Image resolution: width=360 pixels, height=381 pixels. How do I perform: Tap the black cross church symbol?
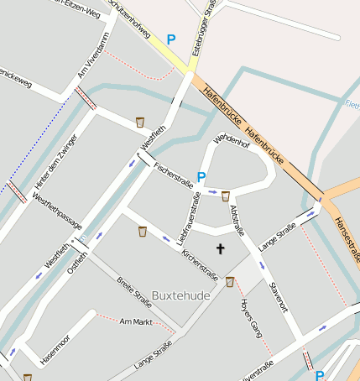tap(221, 248)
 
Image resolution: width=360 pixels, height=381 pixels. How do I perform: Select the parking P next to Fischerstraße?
tap(201, 177)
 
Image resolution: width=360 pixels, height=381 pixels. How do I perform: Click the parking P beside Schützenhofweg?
tap(171, 39)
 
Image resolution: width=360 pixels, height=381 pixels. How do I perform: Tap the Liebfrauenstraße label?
tap(190, 219)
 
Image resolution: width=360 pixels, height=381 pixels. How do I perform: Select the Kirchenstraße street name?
tap(201, 263)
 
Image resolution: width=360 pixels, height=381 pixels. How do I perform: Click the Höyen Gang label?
tap(252, 318)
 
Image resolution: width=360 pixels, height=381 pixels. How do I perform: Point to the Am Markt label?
tap(135, 321)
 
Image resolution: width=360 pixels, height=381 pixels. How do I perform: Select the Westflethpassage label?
tap(57, 211)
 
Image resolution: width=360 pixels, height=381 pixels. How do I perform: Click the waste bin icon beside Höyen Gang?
tap(230, 282)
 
